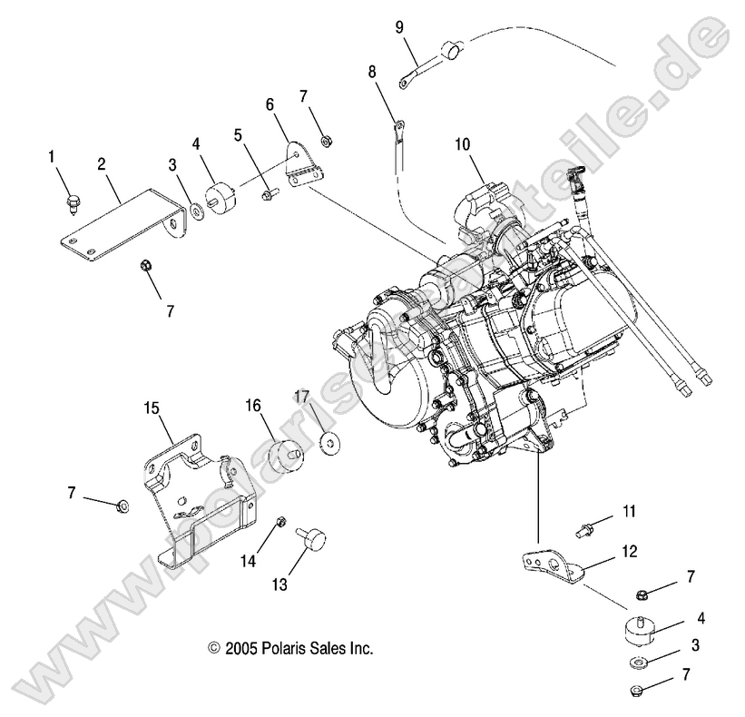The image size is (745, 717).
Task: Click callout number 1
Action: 52,157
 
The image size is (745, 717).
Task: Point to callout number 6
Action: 270,105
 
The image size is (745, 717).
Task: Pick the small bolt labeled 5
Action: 268,193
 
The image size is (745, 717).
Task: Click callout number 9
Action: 399,26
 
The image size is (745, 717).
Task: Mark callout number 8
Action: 372,71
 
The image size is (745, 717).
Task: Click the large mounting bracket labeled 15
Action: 195,499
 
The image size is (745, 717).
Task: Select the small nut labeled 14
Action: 280,524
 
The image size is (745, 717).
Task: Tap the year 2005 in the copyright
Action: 240,649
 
